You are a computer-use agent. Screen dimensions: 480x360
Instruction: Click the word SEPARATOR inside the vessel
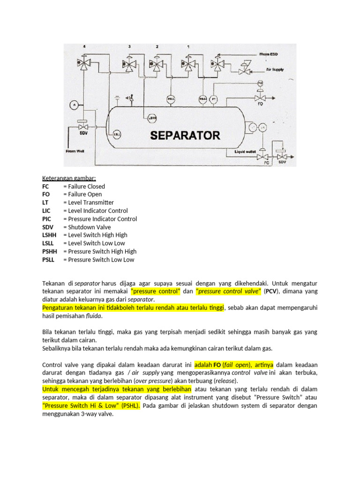point(185,136)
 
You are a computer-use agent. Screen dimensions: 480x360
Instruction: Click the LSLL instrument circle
point(117,135)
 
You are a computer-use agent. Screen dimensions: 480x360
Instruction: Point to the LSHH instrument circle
point(152,117)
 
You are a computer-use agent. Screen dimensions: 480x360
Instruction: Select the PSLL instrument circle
point(172,99)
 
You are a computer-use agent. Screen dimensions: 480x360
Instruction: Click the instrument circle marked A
point(74,105)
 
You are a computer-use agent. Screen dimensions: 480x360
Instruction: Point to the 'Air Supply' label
point(275,70)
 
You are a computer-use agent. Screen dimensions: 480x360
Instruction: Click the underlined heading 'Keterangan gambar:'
point(68,178)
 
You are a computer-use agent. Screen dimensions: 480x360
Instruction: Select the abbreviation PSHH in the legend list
point(49,251)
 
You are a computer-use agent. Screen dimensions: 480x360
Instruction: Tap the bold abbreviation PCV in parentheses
point(271,291)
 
